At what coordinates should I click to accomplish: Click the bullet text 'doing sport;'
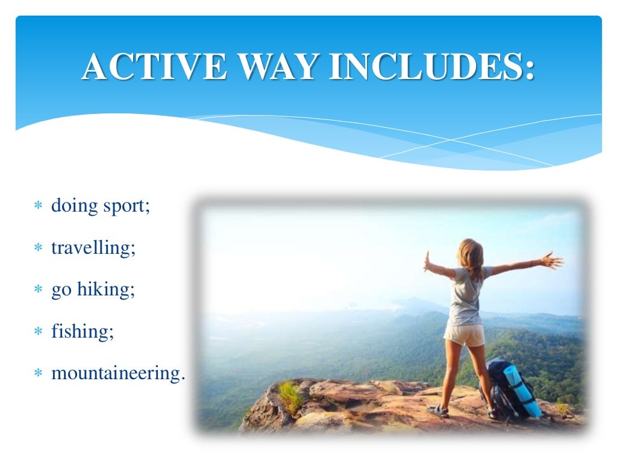pos(100,206)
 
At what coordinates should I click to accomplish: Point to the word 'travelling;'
pos(93,247)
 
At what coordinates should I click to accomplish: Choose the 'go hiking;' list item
pos(93,289)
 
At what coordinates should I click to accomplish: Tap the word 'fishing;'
pos(83,331)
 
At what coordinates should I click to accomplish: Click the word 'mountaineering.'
pos(118,373)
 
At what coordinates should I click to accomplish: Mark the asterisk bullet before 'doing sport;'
pos(38,207)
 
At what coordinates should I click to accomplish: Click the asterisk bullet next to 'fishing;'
pos(38,332)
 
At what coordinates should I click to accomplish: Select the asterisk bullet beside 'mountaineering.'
pos(38,374)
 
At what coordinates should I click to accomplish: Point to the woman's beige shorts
pos(465,334)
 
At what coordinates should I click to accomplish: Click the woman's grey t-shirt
pos(468,295)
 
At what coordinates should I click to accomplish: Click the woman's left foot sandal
pos(438,410)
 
